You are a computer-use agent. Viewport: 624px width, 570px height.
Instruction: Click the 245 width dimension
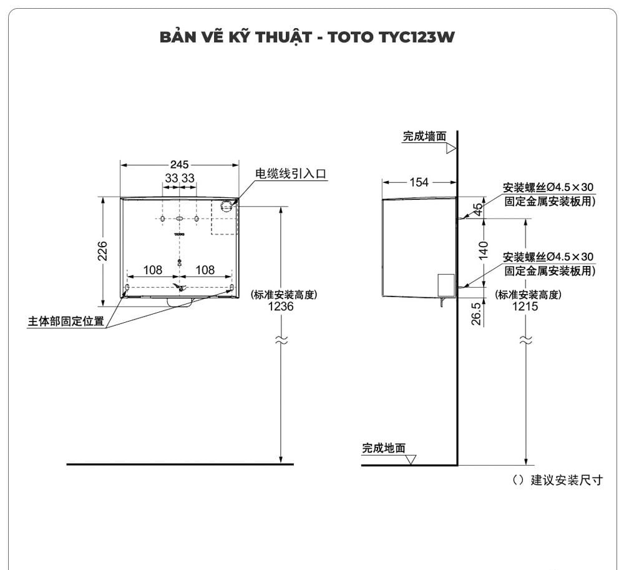pos(179,165)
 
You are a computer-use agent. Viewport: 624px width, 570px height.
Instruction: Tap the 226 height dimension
pos(103,251)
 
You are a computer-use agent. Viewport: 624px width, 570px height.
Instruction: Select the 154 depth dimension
pos(419,182)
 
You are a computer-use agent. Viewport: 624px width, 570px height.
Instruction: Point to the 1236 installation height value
pos(280,307)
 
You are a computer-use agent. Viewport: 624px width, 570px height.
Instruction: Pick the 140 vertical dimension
pos(483,251)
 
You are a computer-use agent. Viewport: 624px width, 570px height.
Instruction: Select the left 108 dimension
pos(153,270)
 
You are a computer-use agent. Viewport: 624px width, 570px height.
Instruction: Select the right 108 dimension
pos(205,270)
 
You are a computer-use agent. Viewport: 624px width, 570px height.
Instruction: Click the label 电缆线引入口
pos(291,174)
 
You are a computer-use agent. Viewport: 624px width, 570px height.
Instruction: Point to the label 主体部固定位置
pos(66,322)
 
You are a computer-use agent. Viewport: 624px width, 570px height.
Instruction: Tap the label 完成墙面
pos(424,136)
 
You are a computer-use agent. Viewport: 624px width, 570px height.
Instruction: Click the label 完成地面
pos(384,448)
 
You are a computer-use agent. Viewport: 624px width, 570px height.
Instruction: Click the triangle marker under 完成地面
pos(411,460)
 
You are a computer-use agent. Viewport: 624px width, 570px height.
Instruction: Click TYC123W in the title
pos(417,37)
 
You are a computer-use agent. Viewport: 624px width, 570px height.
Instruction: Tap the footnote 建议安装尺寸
pos(567,480)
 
